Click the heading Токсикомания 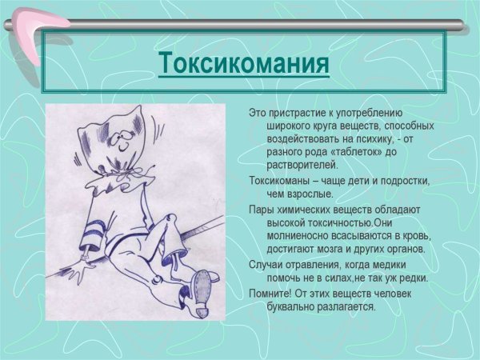tap(243, 63)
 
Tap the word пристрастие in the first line tap(297, 114)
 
